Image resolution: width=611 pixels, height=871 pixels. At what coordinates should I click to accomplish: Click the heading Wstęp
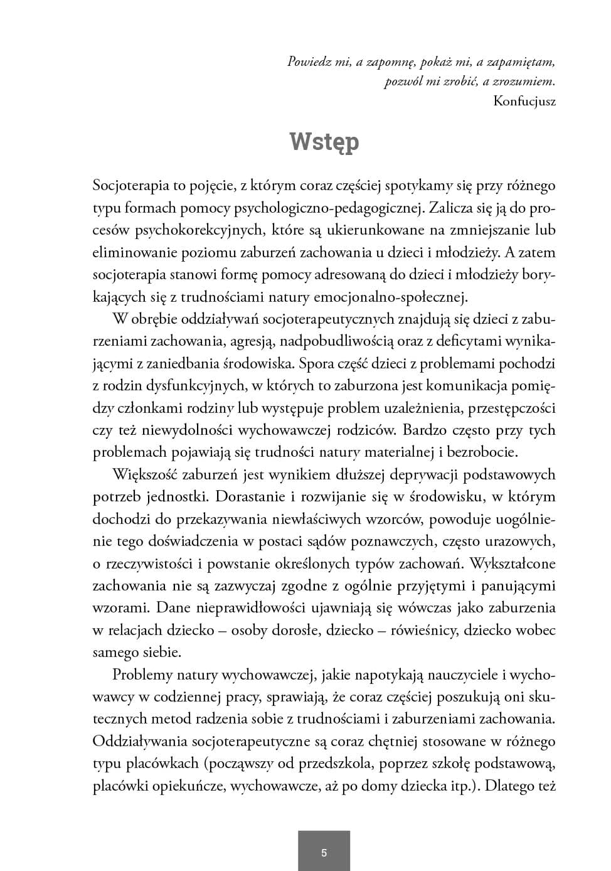tap(324, 142)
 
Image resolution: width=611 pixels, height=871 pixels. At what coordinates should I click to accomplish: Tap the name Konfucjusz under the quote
tap(524, 101)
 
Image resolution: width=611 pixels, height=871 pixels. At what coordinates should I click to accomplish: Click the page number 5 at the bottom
tap(324, 852)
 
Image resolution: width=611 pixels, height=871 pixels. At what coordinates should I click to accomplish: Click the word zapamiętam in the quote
tap(523, 61)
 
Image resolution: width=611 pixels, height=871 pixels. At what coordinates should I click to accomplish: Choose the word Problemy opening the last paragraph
tap(142, 675)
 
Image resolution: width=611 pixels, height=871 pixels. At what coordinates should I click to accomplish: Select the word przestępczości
tap(511, 408)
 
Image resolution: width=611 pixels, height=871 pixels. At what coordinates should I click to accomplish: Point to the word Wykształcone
tap(513, 563)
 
